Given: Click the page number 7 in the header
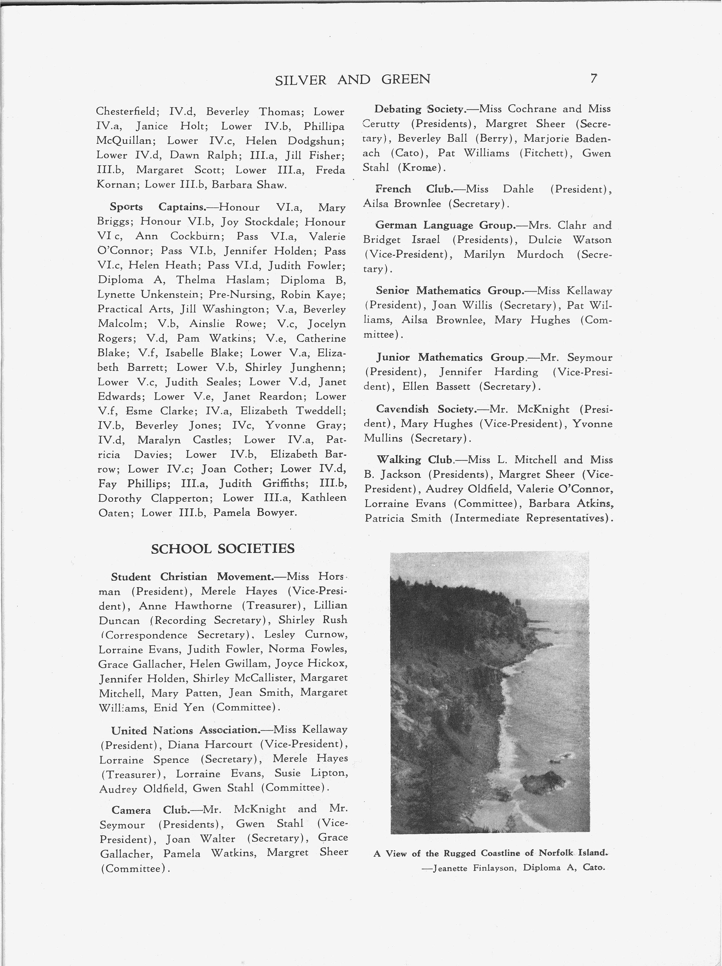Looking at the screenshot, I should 593,79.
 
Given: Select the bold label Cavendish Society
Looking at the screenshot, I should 425,409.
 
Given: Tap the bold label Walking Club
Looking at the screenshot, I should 414,460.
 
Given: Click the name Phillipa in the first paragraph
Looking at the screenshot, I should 324,127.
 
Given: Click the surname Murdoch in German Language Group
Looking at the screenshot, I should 540,255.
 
